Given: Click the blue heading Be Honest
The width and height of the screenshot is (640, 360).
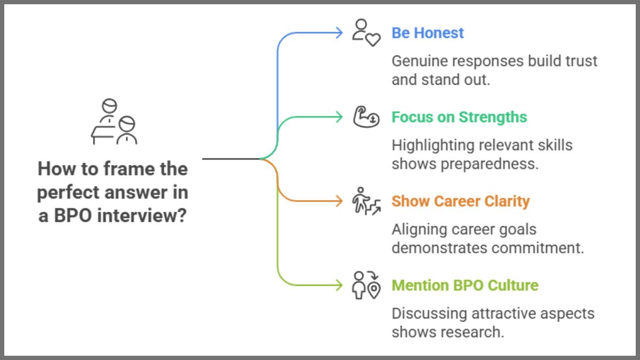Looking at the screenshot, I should [x=428, y=33].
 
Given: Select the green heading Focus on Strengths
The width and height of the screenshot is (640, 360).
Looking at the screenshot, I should [x=459, y=117].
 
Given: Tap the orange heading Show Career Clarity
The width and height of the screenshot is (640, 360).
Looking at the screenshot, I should [x=460, y=202].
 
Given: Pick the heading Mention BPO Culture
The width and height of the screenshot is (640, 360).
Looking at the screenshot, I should [x=465, y=285].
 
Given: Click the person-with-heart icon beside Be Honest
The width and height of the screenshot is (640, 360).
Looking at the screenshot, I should [x=366, y=33].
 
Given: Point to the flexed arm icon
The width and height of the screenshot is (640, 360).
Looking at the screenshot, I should [x=366, y=117].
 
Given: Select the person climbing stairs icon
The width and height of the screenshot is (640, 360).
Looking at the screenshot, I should [x=366, y=201].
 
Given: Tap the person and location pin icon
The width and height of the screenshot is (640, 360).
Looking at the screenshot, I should [x=366, y=285].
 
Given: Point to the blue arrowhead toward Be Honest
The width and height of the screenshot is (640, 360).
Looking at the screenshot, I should [x=339, y=33].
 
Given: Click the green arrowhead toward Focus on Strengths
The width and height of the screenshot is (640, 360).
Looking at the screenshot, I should [x=339, y=117].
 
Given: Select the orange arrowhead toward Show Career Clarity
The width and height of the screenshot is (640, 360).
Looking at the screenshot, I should [x=339, y=201].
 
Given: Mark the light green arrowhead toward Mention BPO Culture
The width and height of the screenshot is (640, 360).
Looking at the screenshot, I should [x=339, y=285].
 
